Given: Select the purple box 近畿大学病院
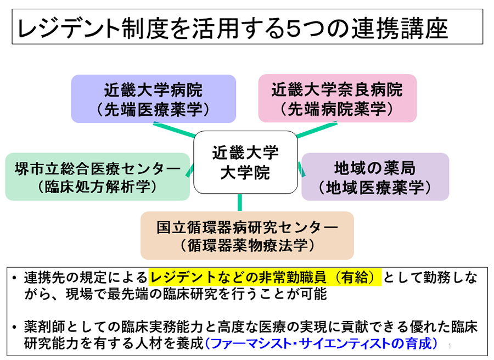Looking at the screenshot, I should click(153, 98).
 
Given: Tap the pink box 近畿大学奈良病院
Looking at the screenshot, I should click(337, 98).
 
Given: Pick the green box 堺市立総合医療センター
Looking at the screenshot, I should click(98, 176).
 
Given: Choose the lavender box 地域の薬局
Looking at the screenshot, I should click(375, 176).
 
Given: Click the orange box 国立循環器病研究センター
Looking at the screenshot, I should click(247, 235).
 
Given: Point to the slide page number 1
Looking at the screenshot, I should click(450, 346).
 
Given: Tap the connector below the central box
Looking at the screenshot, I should click(240, 203).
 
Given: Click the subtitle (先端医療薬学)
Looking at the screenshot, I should click(153, 109).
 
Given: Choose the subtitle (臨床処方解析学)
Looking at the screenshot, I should click(98, 187).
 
